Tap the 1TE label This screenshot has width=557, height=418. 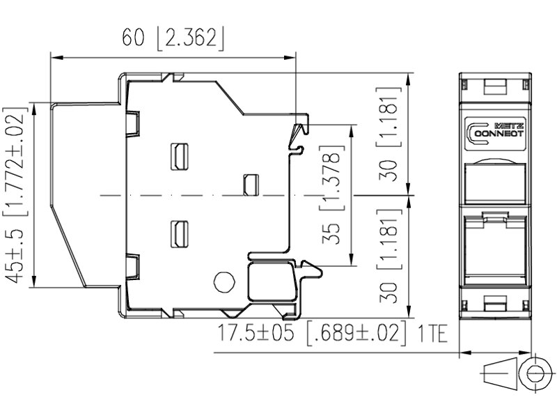432,334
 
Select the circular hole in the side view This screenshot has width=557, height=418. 224,282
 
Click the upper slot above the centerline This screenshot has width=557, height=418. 180,157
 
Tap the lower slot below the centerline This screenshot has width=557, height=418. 180,234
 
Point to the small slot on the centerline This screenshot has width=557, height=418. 251,185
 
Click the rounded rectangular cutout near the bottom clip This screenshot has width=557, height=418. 271,281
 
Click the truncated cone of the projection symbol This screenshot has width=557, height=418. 500,373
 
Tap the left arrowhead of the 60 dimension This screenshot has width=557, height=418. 57,57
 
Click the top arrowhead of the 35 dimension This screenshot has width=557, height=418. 351,131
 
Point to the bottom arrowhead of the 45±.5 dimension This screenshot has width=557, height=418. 34,281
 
